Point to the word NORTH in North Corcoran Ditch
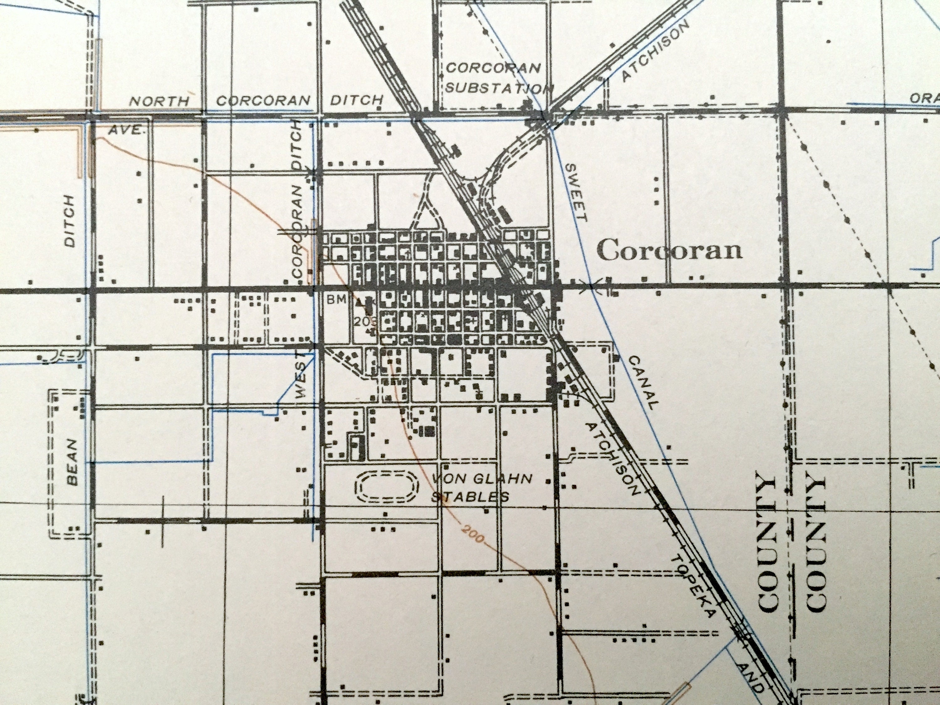click(x=159, y=101)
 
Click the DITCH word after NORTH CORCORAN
click(x=357, y=100)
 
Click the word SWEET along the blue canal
click(x=577, y=192)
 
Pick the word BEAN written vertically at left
click(x=73, y=462)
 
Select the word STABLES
click(x=470, y=496)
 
